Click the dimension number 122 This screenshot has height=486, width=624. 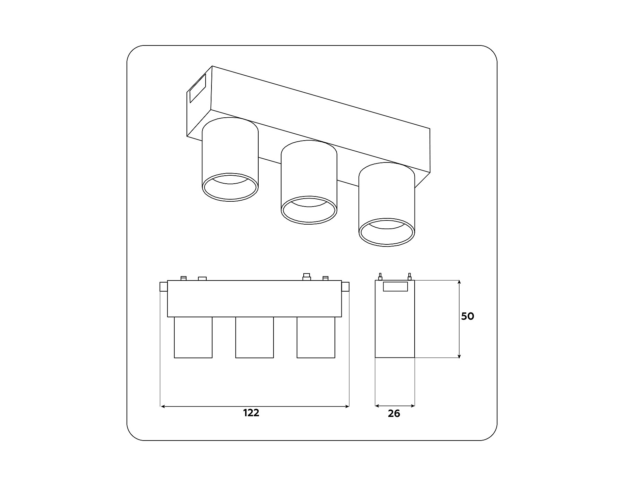tap(251, 413)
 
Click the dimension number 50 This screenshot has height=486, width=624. tap(467, 316)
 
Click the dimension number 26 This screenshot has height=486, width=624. tap(394, 413)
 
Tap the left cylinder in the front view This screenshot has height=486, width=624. tap(193, 337)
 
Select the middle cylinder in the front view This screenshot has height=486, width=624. tap(254, 337)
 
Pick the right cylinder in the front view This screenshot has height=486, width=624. tap(316, 337)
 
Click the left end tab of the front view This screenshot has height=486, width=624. tap(164, 287)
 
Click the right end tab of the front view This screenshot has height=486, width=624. tap(345, 287)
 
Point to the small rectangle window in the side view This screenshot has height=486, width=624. tap(395, 286)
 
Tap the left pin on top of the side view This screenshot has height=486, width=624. tap(380, 277)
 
